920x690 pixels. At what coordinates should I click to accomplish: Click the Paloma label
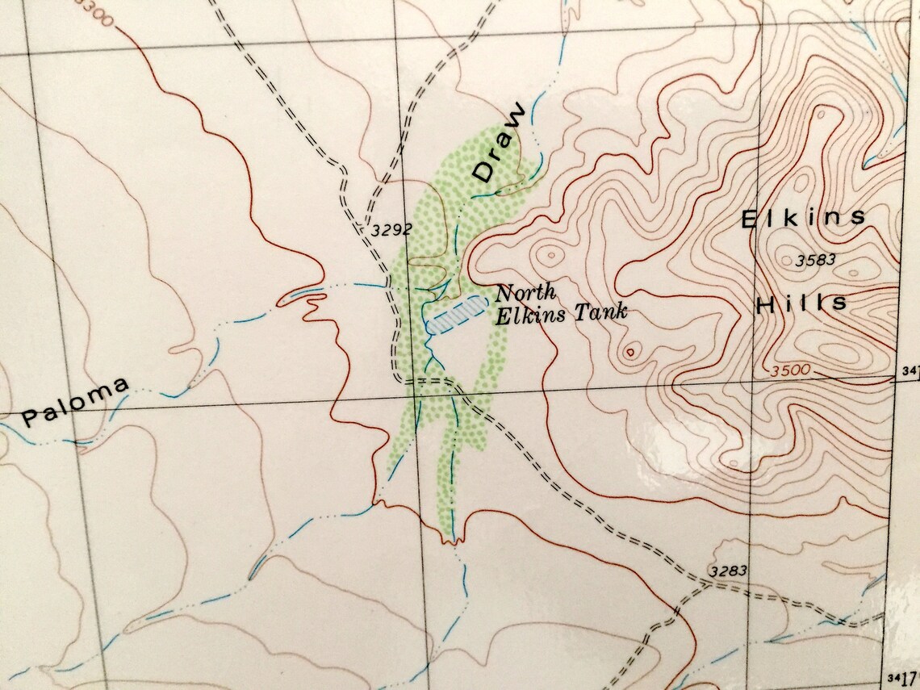pos(75,404)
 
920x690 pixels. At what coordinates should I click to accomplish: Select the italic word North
pos(525,293)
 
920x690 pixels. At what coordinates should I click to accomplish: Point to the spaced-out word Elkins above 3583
pos(803,218)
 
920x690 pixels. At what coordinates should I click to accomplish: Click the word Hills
pos(801,304)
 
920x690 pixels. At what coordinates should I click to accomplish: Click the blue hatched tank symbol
pos(456,314)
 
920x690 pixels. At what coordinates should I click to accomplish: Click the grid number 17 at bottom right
pos(908,676)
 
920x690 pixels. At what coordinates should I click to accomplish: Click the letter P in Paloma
pos(31,417)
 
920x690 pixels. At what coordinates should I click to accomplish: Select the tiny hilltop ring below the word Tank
pos(630,350)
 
